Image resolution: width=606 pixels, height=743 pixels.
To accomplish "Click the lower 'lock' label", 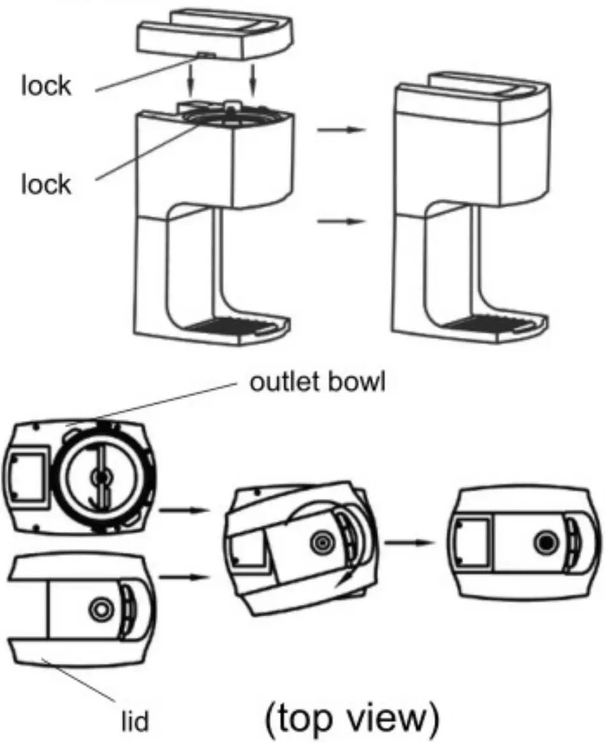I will point(47,186).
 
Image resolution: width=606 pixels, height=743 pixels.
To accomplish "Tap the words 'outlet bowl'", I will point(317,385).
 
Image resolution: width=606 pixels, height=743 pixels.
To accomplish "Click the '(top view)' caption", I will point(353,718).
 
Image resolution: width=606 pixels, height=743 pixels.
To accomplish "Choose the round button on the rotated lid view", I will point(321,543).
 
